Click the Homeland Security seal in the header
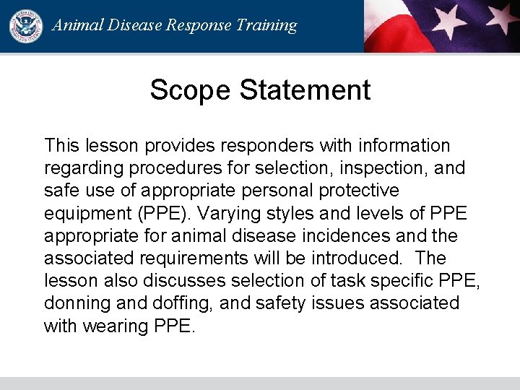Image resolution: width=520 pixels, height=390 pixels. click(26, 26)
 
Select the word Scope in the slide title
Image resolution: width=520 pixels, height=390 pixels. click(191, 90)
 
